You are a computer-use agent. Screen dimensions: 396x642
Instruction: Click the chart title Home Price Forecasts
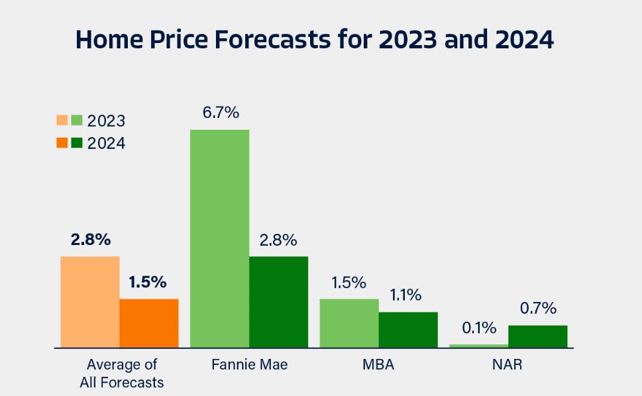tap(315, 40)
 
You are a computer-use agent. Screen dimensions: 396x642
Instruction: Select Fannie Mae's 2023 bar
tap(219, 238)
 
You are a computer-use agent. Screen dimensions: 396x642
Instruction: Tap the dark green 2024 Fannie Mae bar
tap(278, 302)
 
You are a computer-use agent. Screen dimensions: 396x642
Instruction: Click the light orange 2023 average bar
tap(90, 302)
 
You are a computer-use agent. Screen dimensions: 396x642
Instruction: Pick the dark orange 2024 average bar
tap(149, 323)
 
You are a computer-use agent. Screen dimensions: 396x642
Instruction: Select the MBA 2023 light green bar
tap(349, 323)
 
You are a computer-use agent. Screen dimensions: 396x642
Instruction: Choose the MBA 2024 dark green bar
tap(408, 330)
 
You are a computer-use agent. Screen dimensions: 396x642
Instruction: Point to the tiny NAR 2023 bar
tap(478, 346)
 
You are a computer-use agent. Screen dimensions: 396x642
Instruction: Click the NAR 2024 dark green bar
tap(537, 336)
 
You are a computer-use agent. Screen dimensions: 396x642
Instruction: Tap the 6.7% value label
tap(221, 113)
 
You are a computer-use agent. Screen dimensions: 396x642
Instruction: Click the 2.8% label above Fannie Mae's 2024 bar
tap(278, 240)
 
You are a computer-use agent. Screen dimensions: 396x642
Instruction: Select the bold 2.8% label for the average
tap(90, 240)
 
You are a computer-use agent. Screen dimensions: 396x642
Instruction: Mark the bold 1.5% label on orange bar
tap(148, 282)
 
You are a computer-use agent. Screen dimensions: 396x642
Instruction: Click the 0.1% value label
tap(479, 328)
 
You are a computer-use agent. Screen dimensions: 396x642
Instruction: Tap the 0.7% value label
tap(538, 309)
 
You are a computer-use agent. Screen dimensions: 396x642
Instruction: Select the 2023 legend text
tap(106, 121)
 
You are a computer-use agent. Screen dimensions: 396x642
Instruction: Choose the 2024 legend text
tap(106, 143)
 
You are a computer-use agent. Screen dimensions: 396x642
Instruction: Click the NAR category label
tap(508, 365)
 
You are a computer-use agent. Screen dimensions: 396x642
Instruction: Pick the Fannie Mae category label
tap(249, 365)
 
